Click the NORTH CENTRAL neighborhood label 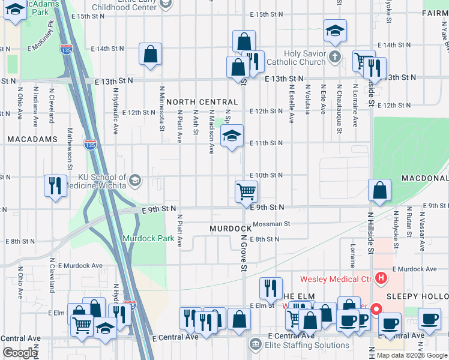click(x=199, y=102)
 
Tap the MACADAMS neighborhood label click(x=32, y=139)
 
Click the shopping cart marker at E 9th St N click(x=246, y=193)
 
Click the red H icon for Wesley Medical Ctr click(x=380, y=277)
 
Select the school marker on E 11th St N click(x=232, y=137)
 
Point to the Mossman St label click(x=271, y=224)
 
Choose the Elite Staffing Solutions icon click(x=256, y=343)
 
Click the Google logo click(x=20, y=352)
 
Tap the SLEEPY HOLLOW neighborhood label click(x=417, y=297)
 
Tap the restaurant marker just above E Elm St click(x=271, y=289)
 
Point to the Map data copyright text click(x=411, y=355)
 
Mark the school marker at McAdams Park click(x=14, y=10)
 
